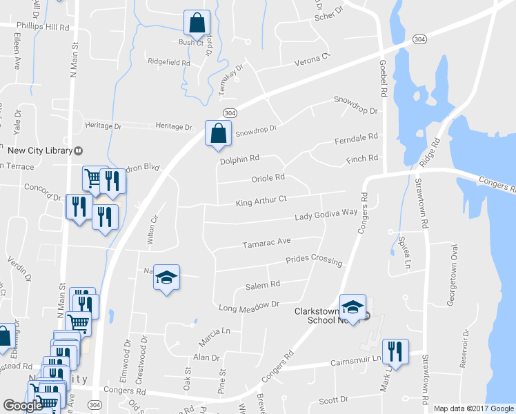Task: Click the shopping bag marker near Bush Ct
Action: click(197, 23)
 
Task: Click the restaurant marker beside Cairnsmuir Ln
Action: click(395, 351)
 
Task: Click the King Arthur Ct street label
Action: click(261, 201)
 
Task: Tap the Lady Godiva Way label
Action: click(326, 216)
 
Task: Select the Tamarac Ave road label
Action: click(266, 244)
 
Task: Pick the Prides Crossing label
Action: click(314, 260)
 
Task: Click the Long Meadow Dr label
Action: click(248, 305)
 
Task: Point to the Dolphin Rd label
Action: click(239, 159)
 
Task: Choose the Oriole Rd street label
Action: click(268, 177)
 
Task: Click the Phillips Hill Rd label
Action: click(44, 27)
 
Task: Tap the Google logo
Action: click(23, 406)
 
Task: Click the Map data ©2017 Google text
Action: click(473, 408)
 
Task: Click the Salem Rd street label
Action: click(263, 284)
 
